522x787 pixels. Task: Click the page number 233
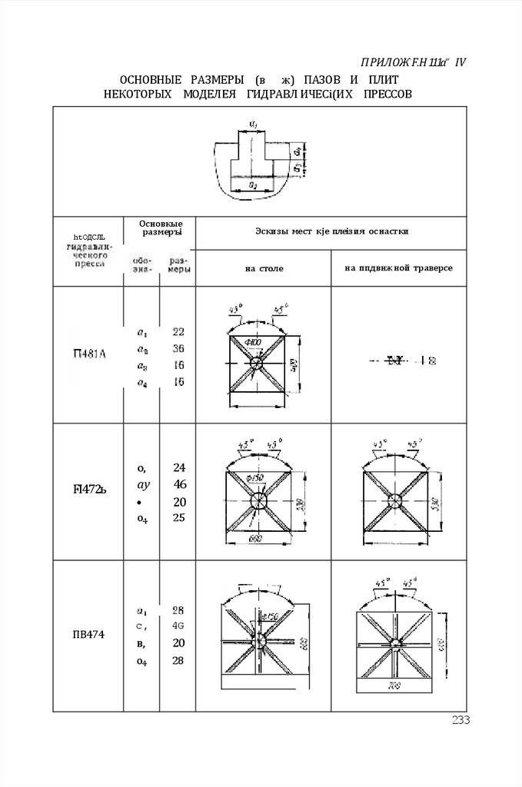pyautogui.click(x=460, y=720)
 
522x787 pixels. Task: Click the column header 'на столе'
pyautogui.click(x=264, y=268)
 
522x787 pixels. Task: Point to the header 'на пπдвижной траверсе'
pyautogui.click(x=398, y=268)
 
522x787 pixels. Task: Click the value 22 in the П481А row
pyautogui.click(x=178, y=332)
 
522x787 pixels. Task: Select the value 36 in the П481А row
pyautogui.click(x=178, y=348)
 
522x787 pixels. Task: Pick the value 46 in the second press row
pyautogui.click(x=180, y=484)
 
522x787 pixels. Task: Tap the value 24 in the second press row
pyautogui.click(x=180, y=467)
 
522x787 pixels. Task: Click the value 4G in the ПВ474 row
pyautogui.click(x=178, y=626)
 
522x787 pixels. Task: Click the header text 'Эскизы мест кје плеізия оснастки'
pyautogui.click(x=331, y=230)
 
